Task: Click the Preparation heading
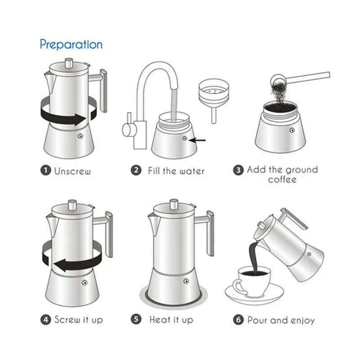(x=71, y=44)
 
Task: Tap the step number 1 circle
(x=46, y=171)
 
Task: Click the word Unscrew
(x=72, y=171)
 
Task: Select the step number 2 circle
(x=136, y=171)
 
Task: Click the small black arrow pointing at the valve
(x=198, y=140)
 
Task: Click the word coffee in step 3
(x=283, y=180)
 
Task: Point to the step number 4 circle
(x=46, y=320)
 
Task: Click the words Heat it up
(x=171, y=320)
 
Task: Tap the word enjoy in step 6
(x=301, y=320)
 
